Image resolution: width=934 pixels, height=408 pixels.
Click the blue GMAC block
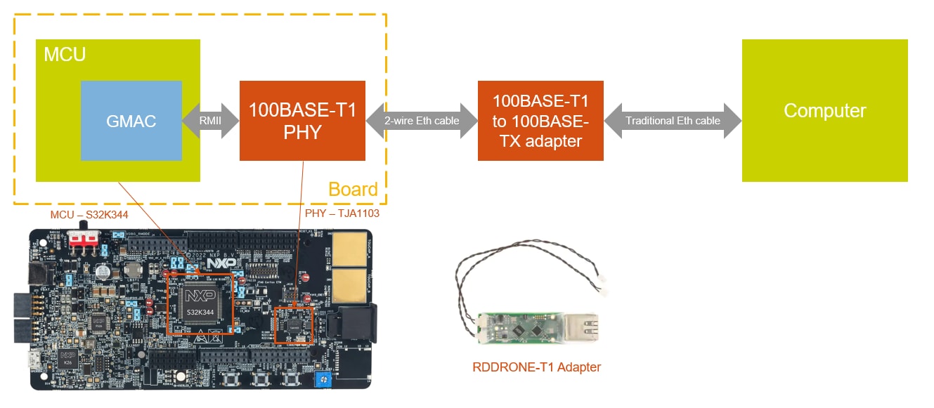pyautogui.click(x=131, y=121)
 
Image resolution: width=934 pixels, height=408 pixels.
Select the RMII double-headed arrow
pyautogui.click(x=211, y=120)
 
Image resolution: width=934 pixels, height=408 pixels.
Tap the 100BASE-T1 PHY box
pyautogui.click(x=302, y=121)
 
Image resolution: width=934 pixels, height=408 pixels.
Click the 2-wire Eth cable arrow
pyautogui.click(x=422, y=120)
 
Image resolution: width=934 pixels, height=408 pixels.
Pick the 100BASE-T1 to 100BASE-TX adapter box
pyautogui.click(x=540, y=121)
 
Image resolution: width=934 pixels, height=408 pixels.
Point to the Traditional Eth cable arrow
pyautogui.click(x=673, y=120)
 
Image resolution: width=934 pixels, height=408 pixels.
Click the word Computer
pyautogui.click(x=824, y=111)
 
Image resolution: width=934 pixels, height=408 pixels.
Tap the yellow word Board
pyautogui.click(x=353, y=190)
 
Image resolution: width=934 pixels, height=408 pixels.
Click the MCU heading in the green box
pyautogui.click(x=65, y=54)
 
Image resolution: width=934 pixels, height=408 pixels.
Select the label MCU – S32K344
pyautogui.click(x=89, y=214)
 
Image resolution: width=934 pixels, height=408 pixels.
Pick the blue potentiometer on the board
pyautogui.click(x=323, y=380)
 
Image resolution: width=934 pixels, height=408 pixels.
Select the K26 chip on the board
pyautogui.click(x=68, y=358)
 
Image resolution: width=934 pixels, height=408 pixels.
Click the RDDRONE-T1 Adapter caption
pyautogui.click(x=536, y=367)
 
